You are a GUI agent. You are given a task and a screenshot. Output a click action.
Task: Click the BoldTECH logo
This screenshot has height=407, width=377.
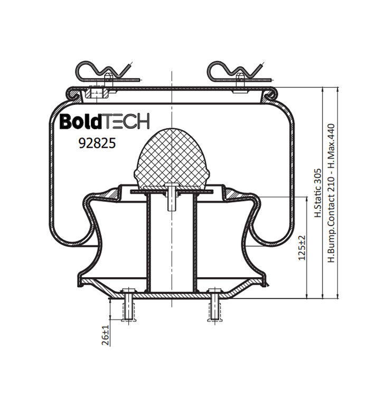pyautogui.click(x=105, y=121)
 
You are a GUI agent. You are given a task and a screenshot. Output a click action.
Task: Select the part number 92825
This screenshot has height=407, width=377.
pyautogui.click(x=97, y=143)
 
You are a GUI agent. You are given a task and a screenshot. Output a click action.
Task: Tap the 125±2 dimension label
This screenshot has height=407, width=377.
pyautogui.click(x=302, y=248)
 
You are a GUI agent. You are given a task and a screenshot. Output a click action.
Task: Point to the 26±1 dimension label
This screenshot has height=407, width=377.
pyautogui.click(x=105, y=335)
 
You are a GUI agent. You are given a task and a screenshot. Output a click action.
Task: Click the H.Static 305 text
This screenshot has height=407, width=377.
pyautogui.click(x=318, y=193)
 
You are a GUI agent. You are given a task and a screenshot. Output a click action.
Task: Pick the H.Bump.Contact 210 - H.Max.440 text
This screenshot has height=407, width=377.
pyautogui.click(x=331, y=193)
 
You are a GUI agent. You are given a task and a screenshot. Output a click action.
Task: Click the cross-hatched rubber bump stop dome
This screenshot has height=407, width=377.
pyautogui.click(x=172, y=158)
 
